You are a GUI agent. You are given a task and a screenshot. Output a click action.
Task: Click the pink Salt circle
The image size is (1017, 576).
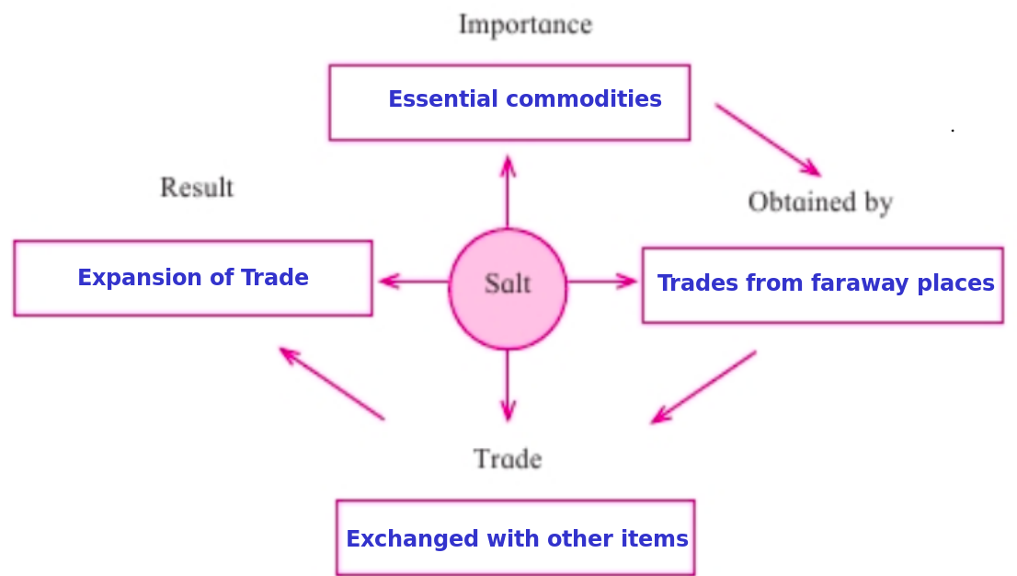point(508,289)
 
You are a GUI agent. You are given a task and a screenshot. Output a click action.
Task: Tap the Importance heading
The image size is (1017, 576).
point(525,26)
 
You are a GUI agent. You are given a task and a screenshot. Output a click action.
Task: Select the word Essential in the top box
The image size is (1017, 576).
point(443,98)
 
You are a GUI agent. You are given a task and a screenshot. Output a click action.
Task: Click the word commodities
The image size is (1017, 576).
point(584,98)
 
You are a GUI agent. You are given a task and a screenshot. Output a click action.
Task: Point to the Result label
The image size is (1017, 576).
point(197,188)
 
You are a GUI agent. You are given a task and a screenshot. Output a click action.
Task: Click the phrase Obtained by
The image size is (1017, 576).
point(820,202)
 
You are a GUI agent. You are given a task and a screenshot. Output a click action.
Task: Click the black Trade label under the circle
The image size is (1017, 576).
point(508,459)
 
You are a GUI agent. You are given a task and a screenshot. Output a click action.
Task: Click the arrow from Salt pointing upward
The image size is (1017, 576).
point(508,191)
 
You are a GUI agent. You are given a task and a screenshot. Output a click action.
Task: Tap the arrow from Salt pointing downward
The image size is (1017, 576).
point(508,386)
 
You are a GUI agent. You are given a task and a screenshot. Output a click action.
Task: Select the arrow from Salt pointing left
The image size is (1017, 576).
point(414,282)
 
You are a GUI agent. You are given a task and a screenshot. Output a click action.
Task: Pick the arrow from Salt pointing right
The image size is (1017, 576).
point(602,282)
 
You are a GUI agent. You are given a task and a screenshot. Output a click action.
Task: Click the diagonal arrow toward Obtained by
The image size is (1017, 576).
point(769,140)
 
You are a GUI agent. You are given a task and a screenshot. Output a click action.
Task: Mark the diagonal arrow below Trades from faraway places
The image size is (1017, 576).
point(703,387)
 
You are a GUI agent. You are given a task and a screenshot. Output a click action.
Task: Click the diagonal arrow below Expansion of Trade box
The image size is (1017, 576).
point(331,384)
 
